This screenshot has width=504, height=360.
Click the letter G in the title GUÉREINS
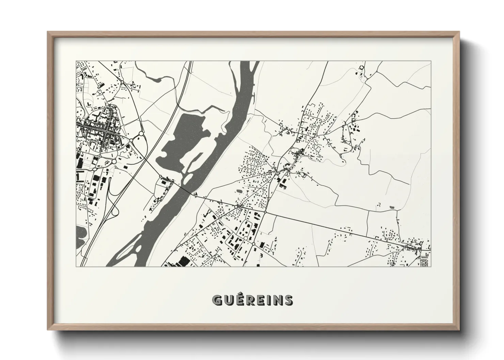(218, 300)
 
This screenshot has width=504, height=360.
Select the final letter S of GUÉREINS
(288, 300)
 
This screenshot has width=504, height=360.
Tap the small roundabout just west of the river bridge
(160, 176)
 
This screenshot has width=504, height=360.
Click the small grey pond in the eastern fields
(390, 207)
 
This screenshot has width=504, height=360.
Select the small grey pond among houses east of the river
(238, 191)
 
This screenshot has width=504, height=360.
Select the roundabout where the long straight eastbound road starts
(265, 212)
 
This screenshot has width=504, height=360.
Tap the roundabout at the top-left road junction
(122, 81)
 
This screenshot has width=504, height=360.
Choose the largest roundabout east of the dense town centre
(141, 134)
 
